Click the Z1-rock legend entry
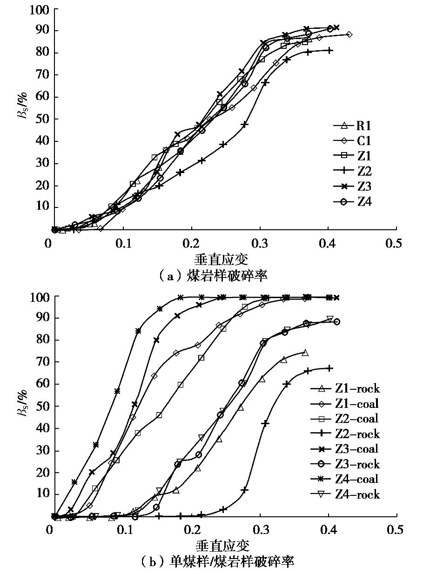[345, 389]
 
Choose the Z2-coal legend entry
[345, 419]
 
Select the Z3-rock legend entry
[345, 464]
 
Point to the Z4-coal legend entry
[345, 479]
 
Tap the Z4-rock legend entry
[345, 494]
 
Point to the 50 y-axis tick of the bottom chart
[40, 406]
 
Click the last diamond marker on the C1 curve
[349, 34]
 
